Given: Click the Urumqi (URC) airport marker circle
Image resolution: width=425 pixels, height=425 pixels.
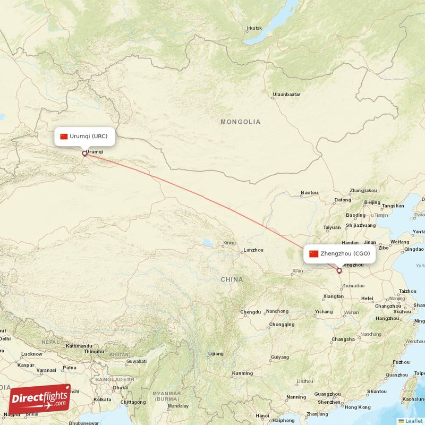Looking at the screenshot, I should pos(84,154).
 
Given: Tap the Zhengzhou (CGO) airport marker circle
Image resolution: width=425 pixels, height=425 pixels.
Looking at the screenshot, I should pos(339,271).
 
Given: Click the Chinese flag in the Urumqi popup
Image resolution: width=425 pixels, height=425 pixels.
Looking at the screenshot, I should pos(64,137).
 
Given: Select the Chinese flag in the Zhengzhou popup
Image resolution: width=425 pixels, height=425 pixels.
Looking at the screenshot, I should pos(313,253).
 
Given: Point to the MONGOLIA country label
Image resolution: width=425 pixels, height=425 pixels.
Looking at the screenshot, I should pos(241,122).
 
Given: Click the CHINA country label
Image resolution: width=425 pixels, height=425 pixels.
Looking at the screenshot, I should pos(232,279).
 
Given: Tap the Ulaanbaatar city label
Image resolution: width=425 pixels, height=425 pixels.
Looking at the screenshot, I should pos(286,95).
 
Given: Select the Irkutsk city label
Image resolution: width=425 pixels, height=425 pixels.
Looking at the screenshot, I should pos(254,28).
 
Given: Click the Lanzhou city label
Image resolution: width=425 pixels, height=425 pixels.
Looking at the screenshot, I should pos(253,250).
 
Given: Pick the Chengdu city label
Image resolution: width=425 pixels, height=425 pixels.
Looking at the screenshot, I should pos(250,312).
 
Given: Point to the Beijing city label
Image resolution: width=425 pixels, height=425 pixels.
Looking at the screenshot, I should pos(372,202).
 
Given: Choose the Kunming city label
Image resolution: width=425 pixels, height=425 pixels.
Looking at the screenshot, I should pos(243,373).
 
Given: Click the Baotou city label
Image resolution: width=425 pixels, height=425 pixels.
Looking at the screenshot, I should pos(309,192).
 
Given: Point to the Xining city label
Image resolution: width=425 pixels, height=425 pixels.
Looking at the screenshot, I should pos(229,243).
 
